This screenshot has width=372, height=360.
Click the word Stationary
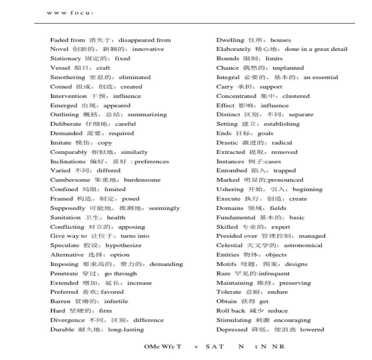65,59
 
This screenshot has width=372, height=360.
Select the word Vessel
60,68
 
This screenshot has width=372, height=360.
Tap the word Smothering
68,77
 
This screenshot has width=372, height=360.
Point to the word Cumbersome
70,180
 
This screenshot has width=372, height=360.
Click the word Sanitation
65,218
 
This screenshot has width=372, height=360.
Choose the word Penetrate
64,274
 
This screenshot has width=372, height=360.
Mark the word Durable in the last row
62,330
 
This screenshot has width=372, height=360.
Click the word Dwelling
230,40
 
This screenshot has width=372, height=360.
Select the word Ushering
230,189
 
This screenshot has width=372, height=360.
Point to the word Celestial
230,245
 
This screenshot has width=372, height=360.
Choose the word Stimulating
233,320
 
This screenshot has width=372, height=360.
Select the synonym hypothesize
123,245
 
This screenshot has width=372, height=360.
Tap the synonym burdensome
142,180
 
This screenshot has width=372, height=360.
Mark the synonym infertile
116,301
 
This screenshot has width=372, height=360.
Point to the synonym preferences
152,162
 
